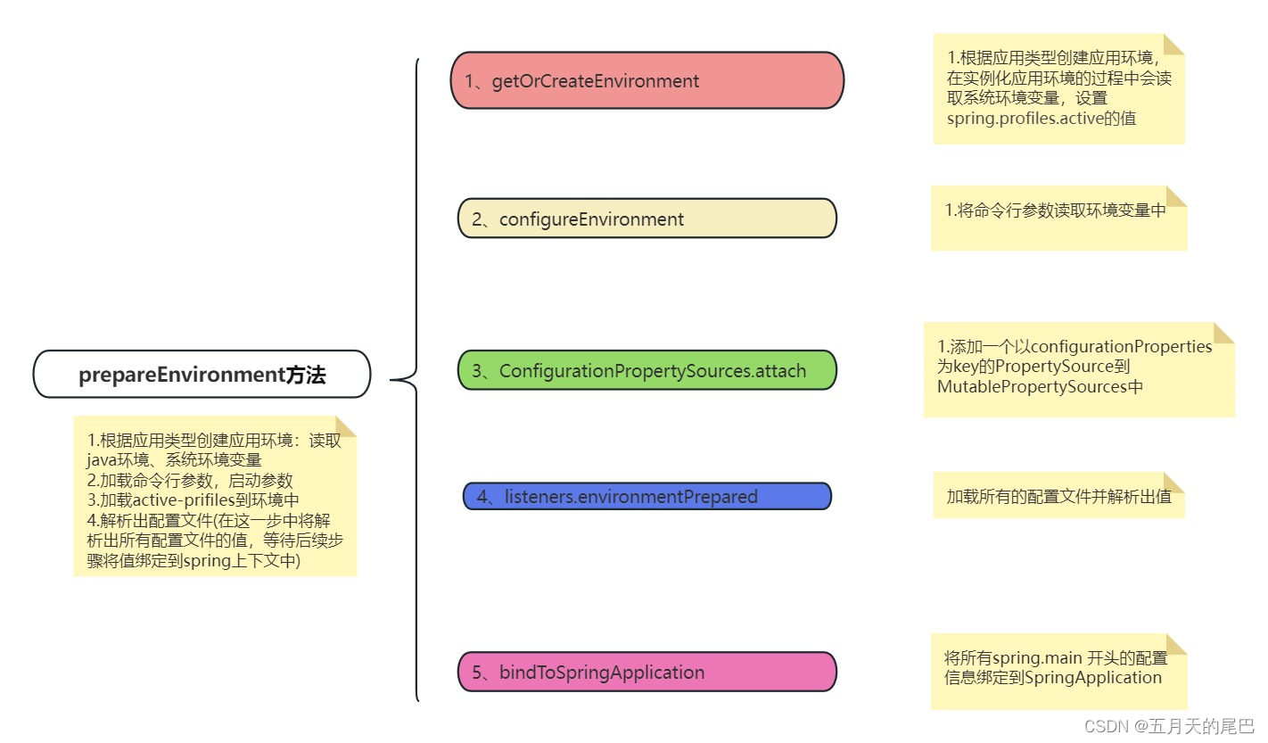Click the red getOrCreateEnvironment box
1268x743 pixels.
646,80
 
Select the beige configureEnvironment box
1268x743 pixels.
646,219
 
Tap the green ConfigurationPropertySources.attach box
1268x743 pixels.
646,370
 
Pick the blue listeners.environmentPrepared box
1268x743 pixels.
646,496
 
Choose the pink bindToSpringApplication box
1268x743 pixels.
646,672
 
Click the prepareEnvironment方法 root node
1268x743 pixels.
202,374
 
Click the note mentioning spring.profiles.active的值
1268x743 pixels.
1058,89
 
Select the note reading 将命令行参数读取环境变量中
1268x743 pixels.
1058,219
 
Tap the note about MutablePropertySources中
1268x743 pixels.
1078,369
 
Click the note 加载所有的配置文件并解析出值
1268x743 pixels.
1058,496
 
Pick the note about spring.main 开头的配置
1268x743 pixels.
1058,671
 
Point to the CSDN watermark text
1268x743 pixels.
1169,726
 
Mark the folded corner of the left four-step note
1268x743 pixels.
345,426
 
